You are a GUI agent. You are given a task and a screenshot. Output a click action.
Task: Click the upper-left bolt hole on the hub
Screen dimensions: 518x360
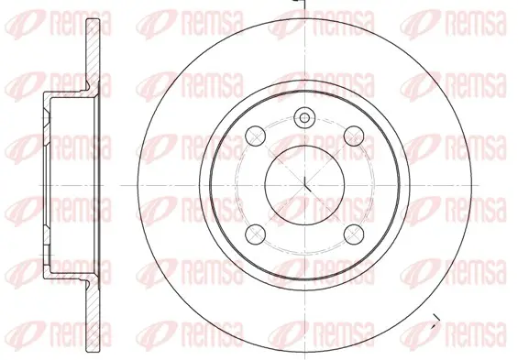click(x=256, y=136)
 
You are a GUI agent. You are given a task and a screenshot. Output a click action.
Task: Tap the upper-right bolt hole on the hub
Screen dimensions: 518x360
click(x=354, y=136)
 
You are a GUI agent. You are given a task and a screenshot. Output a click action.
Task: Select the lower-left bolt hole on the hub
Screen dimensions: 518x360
click(x=256, y=234)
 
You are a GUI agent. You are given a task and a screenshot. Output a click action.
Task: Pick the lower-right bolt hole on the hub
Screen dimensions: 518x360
click(x=354, y=234)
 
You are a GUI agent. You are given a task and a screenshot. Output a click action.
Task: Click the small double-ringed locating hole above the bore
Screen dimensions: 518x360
click(x=304, y=117)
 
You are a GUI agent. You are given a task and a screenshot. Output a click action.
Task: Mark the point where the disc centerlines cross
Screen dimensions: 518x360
click(x=304, y=185)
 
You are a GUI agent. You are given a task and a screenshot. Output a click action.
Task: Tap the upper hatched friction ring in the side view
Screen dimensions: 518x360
click(x=93, y=53)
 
